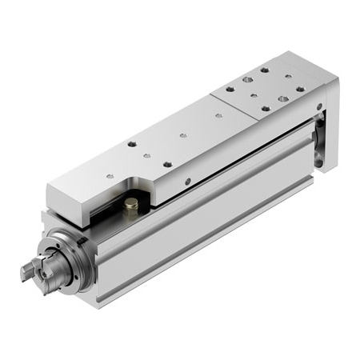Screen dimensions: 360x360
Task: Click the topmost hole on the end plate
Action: click(263, 70)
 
